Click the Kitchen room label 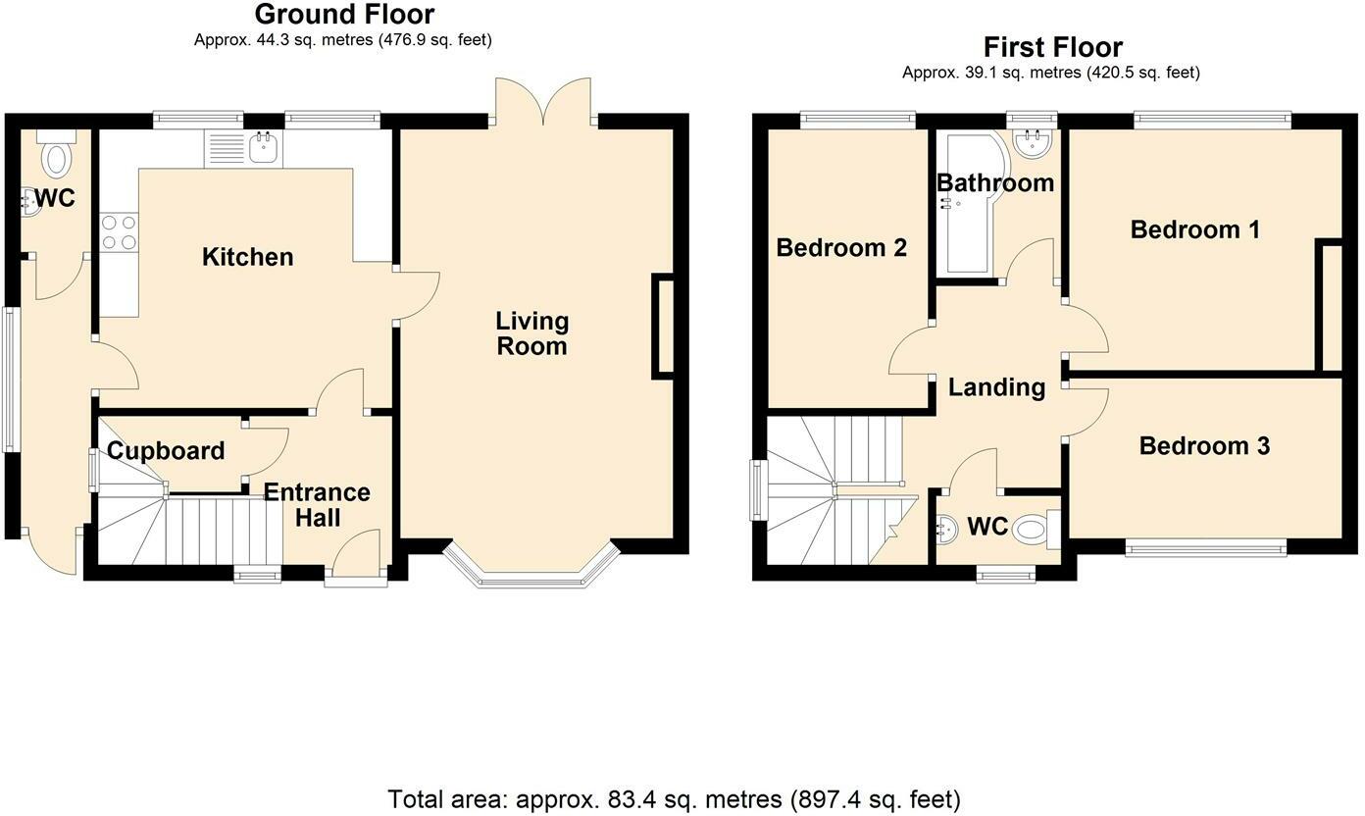tap(247, 257)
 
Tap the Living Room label tap(532, 333)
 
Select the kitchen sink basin tap(264, 149)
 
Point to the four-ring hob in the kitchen tap(119, 232)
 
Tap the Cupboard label tap(166, 451)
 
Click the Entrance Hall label tap(317, 505)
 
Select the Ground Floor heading tap(344, 14)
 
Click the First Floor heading tap(1053, 47)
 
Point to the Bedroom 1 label tap(1195, 229)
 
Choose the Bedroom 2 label tap(841, 247)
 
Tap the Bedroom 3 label tap(1205, 446)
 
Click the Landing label tap(997, 387)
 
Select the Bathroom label tap(995, 182)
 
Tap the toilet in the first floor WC tap(1036, 529)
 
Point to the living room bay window tap(531, 564)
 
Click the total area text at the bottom tap(674, 798)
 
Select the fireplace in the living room tap(663, 327)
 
